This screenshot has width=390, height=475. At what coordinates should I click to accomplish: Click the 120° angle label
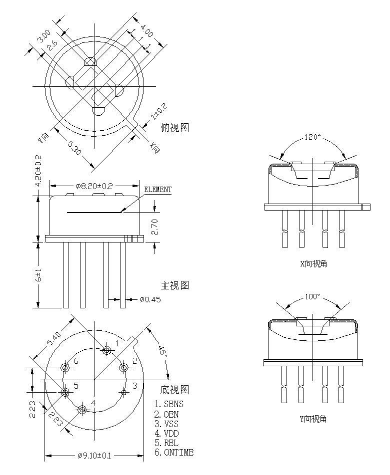point(313,138)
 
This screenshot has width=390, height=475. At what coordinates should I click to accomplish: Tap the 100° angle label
point(312,296)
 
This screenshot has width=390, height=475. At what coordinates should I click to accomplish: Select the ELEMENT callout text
point(157,190)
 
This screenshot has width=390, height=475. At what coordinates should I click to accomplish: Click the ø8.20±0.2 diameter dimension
point(94,186)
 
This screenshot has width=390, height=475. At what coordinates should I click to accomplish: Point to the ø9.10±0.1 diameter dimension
point(94,456)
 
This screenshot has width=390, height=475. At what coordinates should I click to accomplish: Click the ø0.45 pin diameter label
point(150,299)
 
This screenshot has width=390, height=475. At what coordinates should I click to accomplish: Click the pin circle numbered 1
point(106,350)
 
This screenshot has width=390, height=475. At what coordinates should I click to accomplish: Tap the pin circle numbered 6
point(65,368)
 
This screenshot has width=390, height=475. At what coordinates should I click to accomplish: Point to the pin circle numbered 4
point(82,410)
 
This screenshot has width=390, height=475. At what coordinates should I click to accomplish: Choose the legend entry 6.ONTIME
point(173,453)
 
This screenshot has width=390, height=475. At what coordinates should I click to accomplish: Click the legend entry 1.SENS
point(169,404)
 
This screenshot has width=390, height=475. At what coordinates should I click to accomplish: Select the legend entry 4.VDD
point(166,434)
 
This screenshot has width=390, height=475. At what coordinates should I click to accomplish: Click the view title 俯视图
point(175,128)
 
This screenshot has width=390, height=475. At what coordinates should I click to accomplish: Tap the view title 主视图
point(175,286)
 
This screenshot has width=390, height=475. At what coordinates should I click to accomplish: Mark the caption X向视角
point(313,263)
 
